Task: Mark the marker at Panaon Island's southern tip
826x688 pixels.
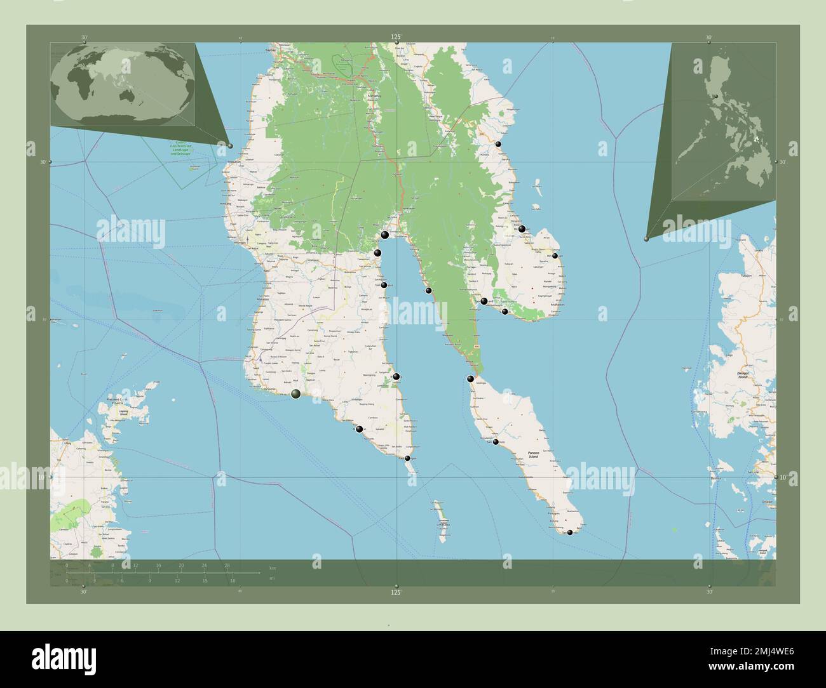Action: coord(570,533)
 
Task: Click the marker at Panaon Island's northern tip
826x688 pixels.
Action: coord(470,379)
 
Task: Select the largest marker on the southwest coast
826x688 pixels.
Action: coord(296,395)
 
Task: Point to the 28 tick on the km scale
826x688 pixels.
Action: coord(227,564)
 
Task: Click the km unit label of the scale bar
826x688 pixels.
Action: coord(273,567)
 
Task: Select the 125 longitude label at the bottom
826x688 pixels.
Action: coord(396,593)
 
